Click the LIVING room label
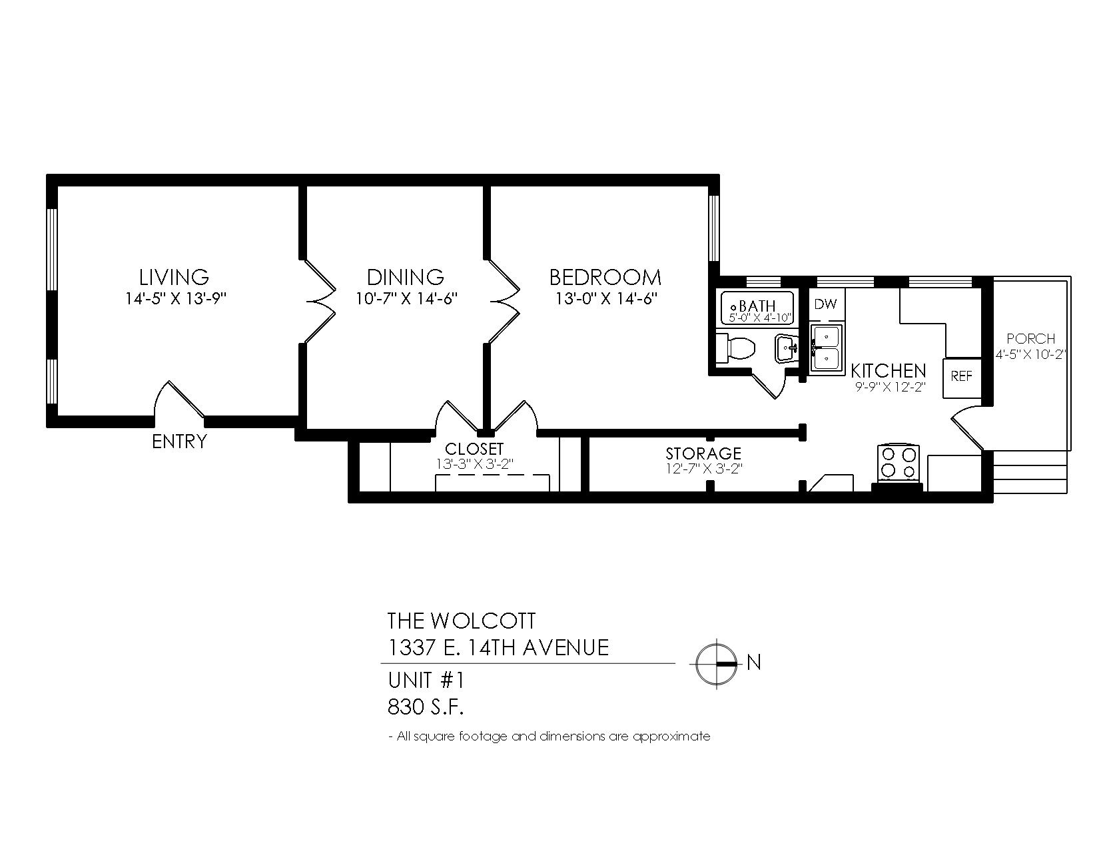(174, 277)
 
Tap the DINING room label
(406, 277)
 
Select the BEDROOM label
(605, 277)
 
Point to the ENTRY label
(180, 441)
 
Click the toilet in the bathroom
(736, 348)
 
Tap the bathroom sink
(787, 348)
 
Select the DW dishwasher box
(827, 305)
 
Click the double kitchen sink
(827, 348)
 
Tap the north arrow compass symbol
(717, 664)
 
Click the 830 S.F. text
(426, 707)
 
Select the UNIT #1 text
(426, 680)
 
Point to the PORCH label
(1030, 338)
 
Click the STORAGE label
(703, 453)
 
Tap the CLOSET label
(474, 449)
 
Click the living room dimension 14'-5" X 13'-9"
(175, 299)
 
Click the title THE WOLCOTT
(461, 621)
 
